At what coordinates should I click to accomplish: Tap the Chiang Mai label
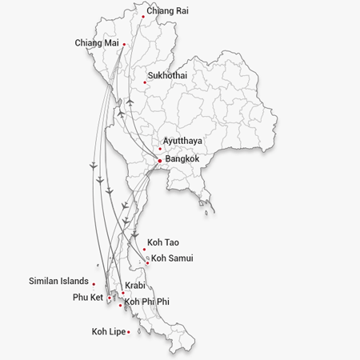pos(96,42)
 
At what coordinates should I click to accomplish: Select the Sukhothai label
pos(167,76)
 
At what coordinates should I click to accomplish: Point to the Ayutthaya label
pos(182,142)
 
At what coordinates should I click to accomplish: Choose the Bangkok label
pos(182,159)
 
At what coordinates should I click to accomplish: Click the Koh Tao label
pos(163,242)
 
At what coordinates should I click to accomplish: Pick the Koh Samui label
pos(172,258)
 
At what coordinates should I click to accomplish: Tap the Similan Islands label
pos(58,282)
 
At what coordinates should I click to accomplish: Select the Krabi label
pos(135,286)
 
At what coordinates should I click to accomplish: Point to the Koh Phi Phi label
pos(148,302)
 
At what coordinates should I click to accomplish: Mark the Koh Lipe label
pos(109,331)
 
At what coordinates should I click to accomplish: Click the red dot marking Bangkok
pos(160,161)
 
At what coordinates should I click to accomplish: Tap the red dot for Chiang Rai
pos(143,16)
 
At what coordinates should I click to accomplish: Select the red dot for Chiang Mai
pos(124,44)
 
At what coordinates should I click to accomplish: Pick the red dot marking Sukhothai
pos(145,82)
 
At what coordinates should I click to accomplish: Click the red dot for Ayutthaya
pos(160,148)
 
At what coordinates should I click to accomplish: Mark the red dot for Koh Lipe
pos(128,331)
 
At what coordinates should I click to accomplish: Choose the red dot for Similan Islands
pos(94,284)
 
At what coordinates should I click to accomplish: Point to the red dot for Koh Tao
pos(144,250)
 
